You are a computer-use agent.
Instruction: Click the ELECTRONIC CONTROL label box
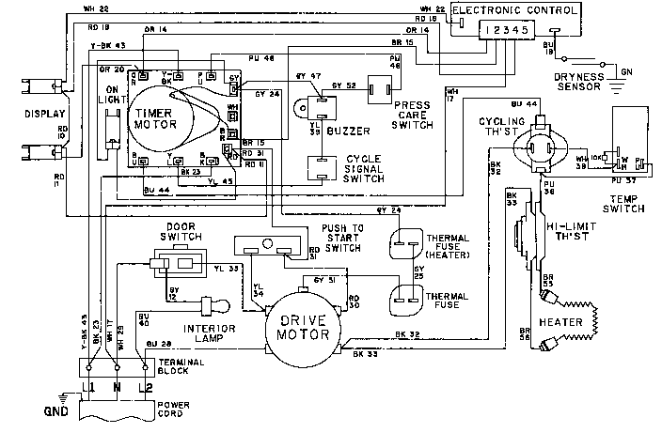[509, 11]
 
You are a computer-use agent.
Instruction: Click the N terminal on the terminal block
[117, 386]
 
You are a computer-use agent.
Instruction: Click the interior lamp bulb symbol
[212, 306]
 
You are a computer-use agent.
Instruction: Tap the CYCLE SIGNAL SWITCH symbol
[322, 169]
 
